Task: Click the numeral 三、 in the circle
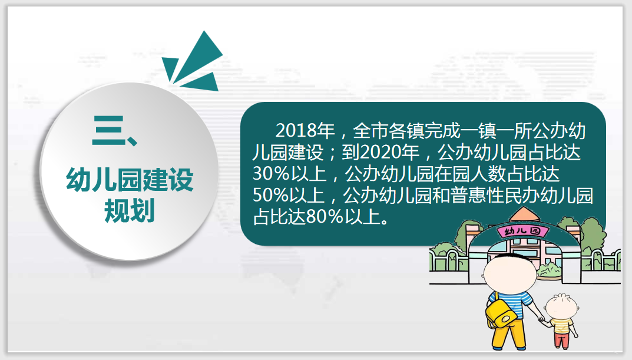(115, 130)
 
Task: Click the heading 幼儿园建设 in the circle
(130, 179)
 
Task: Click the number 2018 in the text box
(296, 130)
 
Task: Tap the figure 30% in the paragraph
(271, 174)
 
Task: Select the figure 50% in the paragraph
(271, 196)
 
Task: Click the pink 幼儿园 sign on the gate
(523, 231)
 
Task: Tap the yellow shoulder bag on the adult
(501, 313)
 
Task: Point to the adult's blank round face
(510, 273)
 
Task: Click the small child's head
(561, 306)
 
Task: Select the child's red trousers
(561, 340)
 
